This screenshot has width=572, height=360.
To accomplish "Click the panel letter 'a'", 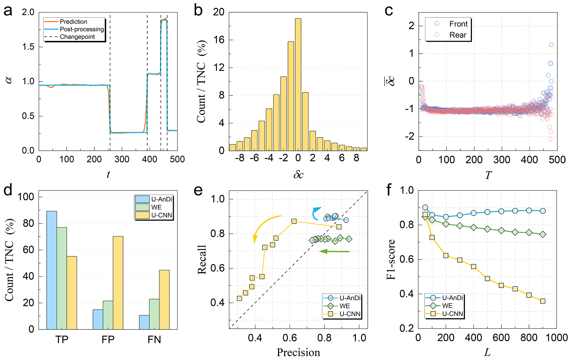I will click(8, 11).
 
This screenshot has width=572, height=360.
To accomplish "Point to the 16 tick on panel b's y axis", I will click(219, 40).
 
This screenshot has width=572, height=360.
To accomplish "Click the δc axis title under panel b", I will click(298, 174).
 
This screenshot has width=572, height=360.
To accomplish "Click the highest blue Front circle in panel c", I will click(551, 45).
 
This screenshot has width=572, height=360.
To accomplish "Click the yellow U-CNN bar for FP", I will click(118, 283).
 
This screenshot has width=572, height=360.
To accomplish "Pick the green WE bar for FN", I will click(154, 314).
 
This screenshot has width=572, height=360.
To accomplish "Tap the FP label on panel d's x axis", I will click(108, 339).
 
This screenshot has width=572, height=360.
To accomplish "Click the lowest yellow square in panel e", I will click(239, 298).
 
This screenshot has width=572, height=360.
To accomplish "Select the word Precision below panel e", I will click(298, 353).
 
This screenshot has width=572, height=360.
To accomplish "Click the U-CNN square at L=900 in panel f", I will click(543, 301).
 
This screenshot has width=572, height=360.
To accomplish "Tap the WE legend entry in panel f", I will click(447, 306).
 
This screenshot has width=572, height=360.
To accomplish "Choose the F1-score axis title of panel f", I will click(391, 259).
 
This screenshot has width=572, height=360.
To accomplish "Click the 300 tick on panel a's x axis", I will click(122, 159).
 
